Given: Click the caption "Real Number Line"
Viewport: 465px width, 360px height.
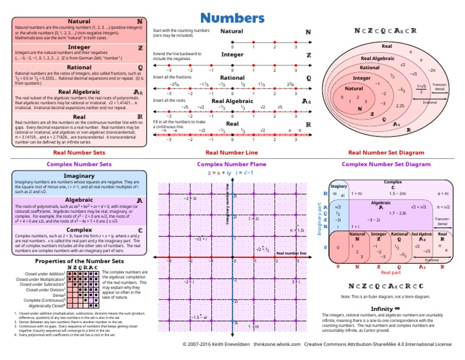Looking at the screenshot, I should click(x=232, y=153).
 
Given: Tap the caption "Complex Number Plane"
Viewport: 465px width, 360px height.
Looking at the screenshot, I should click(x=232, y=164).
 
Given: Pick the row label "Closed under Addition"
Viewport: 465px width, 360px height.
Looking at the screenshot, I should click(x=43, y=273).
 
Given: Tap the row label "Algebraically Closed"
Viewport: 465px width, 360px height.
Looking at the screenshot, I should click(x=42, y=307).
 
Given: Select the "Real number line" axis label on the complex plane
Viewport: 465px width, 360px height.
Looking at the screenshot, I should click(x=291, y=253).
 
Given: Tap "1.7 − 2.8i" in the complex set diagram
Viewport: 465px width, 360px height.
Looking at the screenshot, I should click(x=397, y=213).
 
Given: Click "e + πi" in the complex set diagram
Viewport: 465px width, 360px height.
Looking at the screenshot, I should click(x=442, y=193).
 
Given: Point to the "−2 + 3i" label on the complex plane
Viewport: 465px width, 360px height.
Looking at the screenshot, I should click(x=189, y=198).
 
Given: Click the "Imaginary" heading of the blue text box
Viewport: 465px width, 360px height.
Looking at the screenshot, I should click(x=79, y=176).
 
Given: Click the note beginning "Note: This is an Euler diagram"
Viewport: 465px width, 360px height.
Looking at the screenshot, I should click(x=386, y=296).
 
